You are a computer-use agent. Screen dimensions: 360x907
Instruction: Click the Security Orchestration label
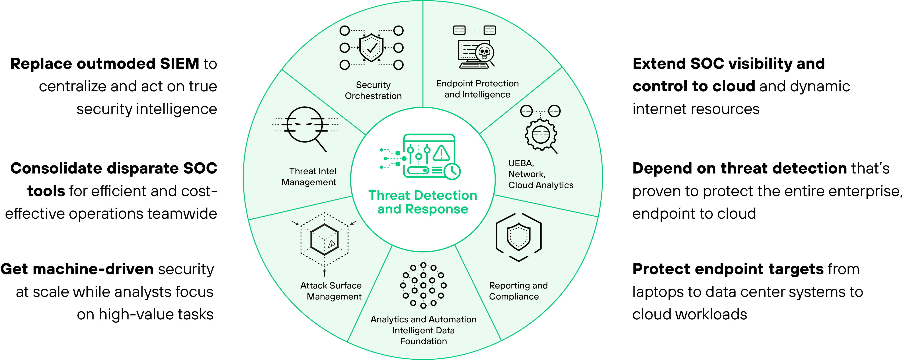373,90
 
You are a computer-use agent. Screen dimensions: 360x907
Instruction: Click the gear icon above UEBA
540,134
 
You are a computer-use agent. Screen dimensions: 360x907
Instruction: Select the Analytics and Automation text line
423,320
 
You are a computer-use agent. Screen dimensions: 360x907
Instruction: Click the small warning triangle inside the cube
331,243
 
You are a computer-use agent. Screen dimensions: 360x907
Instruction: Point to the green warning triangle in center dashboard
441,153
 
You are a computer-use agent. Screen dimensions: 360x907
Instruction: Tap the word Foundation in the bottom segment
423,341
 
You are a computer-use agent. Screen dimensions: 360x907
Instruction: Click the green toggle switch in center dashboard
418,171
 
